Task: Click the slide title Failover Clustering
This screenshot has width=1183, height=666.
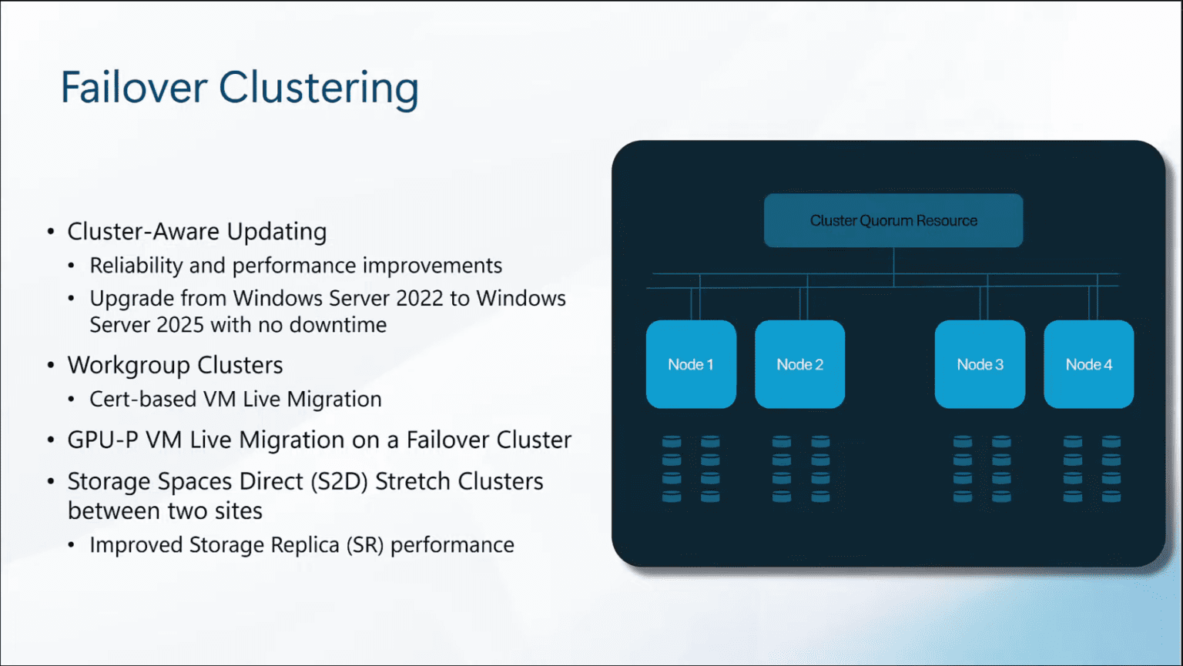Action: pos(240,87)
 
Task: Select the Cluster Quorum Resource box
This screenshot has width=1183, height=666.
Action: pos(893,221)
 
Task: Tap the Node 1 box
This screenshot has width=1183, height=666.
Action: pos(691,364)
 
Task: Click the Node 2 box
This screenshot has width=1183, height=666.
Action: pos(799,364)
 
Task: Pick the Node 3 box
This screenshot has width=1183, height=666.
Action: pos(980,364)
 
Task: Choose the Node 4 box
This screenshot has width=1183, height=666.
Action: pos(1088,364)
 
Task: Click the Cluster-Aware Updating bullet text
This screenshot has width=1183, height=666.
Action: pos(197,231)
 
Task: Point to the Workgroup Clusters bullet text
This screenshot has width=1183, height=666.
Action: pos(175,365)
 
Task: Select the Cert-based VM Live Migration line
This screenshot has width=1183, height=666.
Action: pos(236,399)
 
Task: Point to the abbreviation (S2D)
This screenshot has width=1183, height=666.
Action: pos(339,481)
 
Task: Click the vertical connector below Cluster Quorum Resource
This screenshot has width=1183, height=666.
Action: pos(893,266)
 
